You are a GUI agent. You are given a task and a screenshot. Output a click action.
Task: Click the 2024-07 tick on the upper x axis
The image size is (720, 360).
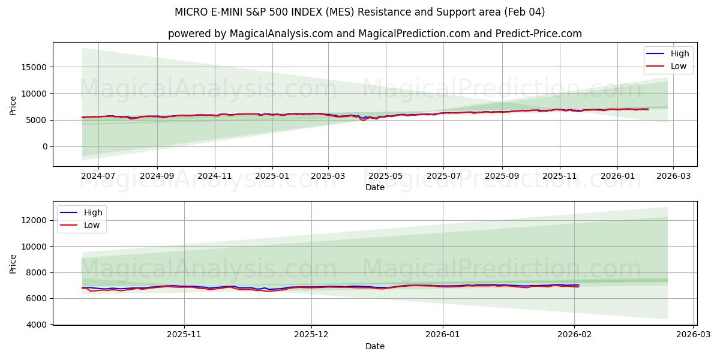pyautogui.click(x=98, y=176)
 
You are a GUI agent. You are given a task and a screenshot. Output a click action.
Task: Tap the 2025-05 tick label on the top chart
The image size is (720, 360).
pyautogui.click(x=385, y=176)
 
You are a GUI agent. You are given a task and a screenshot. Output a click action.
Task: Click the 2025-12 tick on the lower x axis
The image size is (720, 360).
pyautogui.click(x=311, y=335)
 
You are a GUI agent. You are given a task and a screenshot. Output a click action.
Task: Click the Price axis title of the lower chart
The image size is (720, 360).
pyautogui.click(x=13, y=263)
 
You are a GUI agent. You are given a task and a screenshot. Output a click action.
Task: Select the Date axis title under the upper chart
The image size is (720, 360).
pyautogui.click(x=374, y=187)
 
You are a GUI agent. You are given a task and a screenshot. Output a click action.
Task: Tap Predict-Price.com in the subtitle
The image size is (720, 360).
pyautogui.click(x=543, y=34)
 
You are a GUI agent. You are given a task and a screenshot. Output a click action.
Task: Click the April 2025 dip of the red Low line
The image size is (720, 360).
pyautogui.click(x=363, y=120)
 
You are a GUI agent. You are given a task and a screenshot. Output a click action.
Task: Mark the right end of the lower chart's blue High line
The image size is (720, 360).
pyautogui.click(x=579, y=285)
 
